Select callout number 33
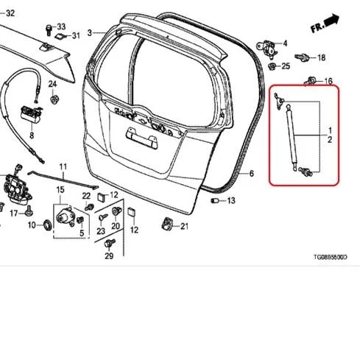pyautogui.click(x=61, y=27)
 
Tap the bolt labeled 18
pyautogui.click(x=301, y=57)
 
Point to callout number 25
pyautogui.click(x=286, y=66)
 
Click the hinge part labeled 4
pyautogui.click(x=267, y=49)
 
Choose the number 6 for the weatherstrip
pyautogui.click(x=251, y=174)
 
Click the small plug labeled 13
pyautogui.click(x=214, y=200)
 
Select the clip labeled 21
pyautogui.click(x=167, y=223)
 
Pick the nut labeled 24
pyautogui.click(x=54, y=99)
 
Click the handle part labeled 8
pyautogui.click(x=32, y=114)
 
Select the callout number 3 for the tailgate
pyautogui.click(x=90, y=32)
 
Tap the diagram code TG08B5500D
pyautogui.click(x=331, y=257)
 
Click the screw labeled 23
pyautogui.click(x=102, y=217)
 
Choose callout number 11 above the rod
pyautogui.click(x=63, y=167)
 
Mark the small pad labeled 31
pyautogui.click(x=60, y=36)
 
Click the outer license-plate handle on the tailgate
pyautogui.click(x=141, y=138)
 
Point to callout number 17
pyautogui.click(x=14, y=213)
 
